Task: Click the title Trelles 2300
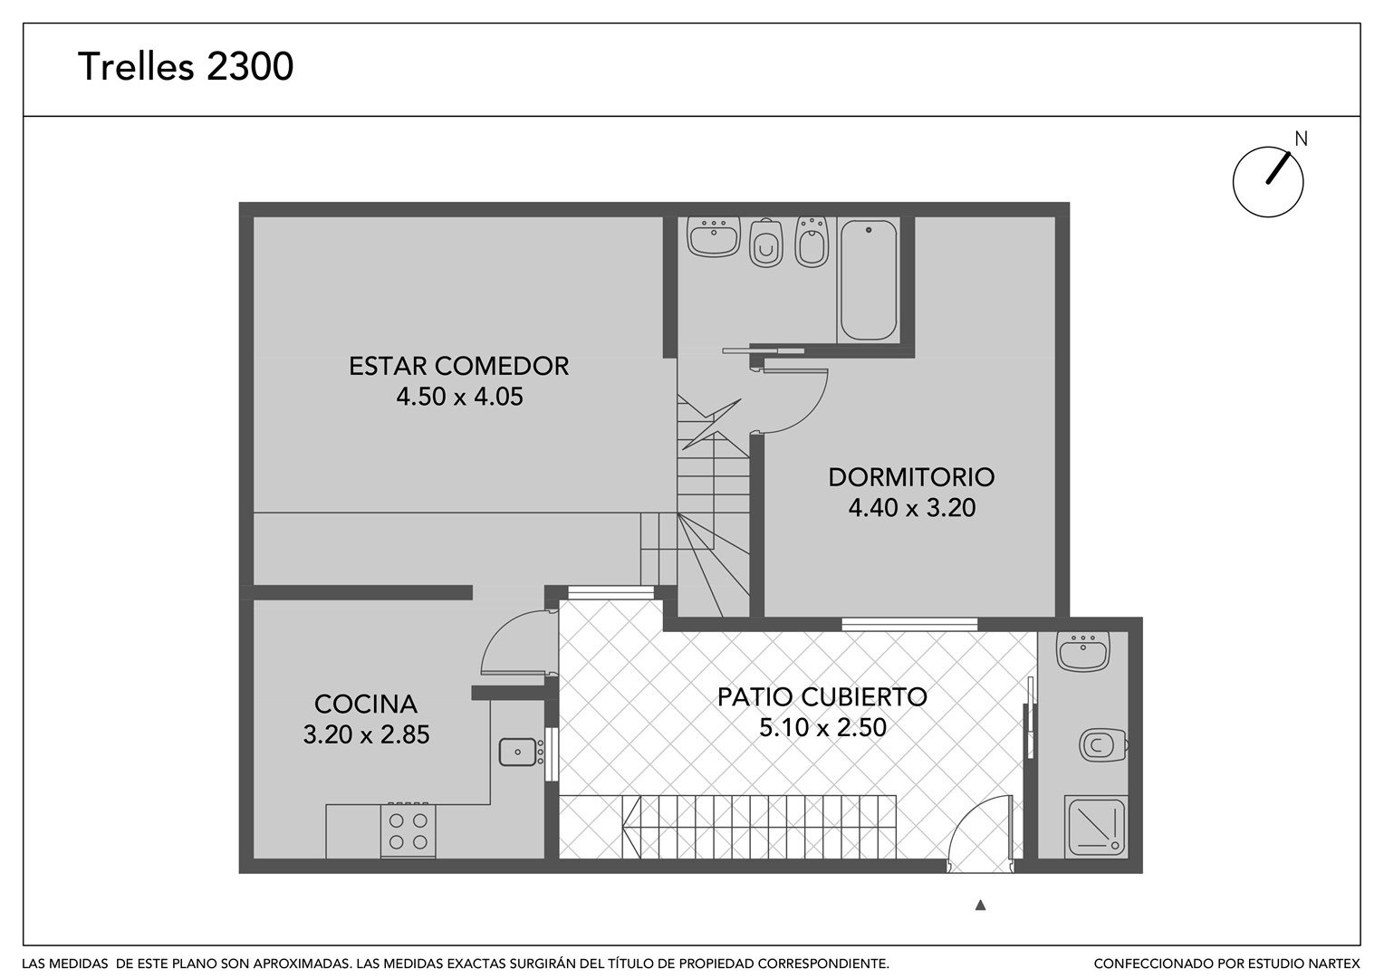coord(186,66)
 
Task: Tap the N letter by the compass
coord(1302,139)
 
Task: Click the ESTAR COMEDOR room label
coord(458,367)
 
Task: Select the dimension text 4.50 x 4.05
coord(460,397)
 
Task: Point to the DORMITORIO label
coord(911,477)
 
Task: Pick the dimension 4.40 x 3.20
coord(912,508)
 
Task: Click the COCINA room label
coord(366,704)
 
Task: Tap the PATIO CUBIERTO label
coord(822,697)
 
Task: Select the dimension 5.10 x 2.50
coord(823,727)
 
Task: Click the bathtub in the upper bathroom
coord(868,280)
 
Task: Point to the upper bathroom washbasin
coord(714,236)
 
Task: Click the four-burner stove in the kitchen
coord(408,831)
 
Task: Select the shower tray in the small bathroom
coord(1096,827)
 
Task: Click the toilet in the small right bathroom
coord(1103,745)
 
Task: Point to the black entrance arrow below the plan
coord(981,905)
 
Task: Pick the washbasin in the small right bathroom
coord(1083,650)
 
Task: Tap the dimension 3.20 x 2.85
coord(366,734)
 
